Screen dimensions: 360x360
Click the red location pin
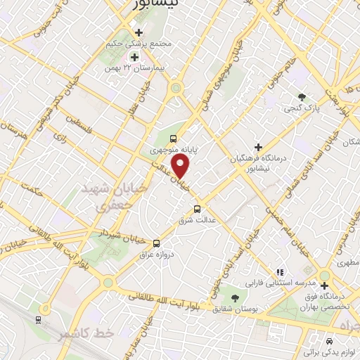coord(181,167)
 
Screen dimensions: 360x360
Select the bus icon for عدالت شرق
coord(197,209)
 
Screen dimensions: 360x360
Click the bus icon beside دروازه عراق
coord(156,243)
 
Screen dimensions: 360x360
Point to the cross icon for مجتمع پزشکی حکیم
coord(139,32)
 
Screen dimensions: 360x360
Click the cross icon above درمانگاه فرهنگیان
coord(258,148)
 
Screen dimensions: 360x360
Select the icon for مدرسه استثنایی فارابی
coord(279,271)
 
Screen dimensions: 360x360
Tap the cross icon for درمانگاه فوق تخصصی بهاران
coord(325,285)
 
